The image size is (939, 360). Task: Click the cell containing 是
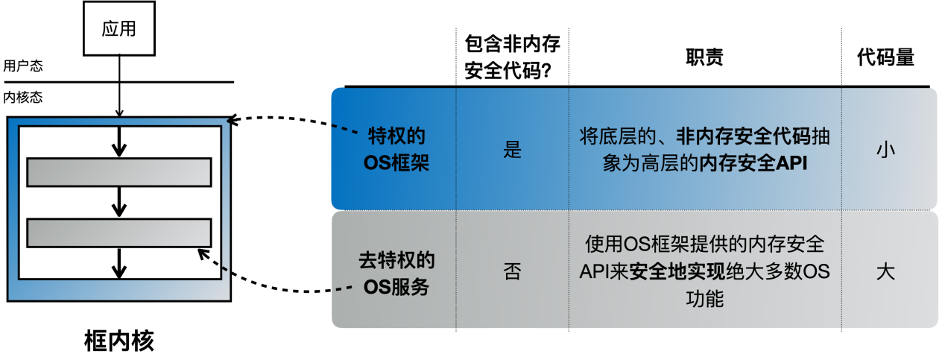coord(512,150)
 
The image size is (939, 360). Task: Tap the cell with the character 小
coord(885,150)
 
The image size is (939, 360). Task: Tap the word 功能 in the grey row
coord(704,300)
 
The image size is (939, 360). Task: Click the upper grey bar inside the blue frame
coord(119,172)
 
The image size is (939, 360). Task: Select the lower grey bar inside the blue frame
coord(119,233)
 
